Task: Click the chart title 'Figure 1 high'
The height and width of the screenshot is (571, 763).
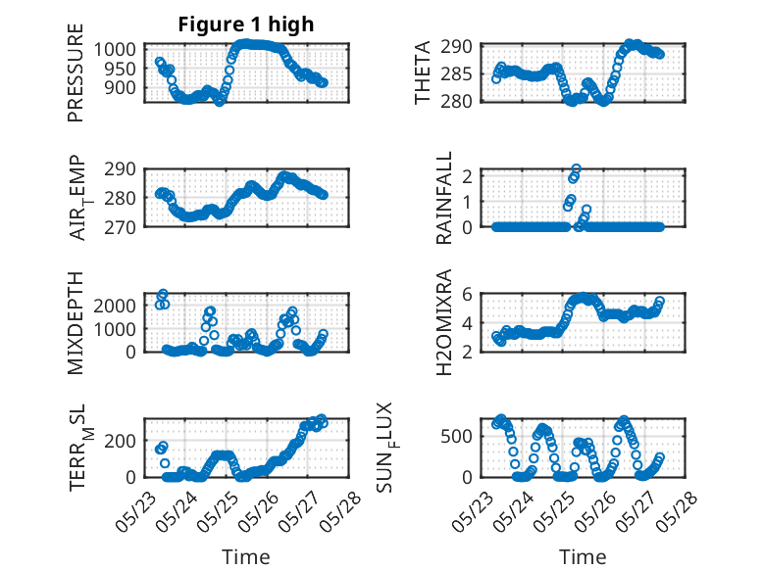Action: [245, 24]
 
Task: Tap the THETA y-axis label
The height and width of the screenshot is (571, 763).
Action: [423, 73]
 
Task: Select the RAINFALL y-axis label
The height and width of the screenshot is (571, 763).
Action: [444, 199]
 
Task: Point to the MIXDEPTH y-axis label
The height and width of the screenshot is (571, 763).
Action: [76, 323]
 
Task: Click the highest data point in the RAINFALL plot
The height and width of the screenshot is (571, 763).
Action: [577, 169]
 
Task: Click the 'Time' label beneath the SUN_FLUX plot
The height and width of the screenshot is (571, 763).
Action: [583, 556]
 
